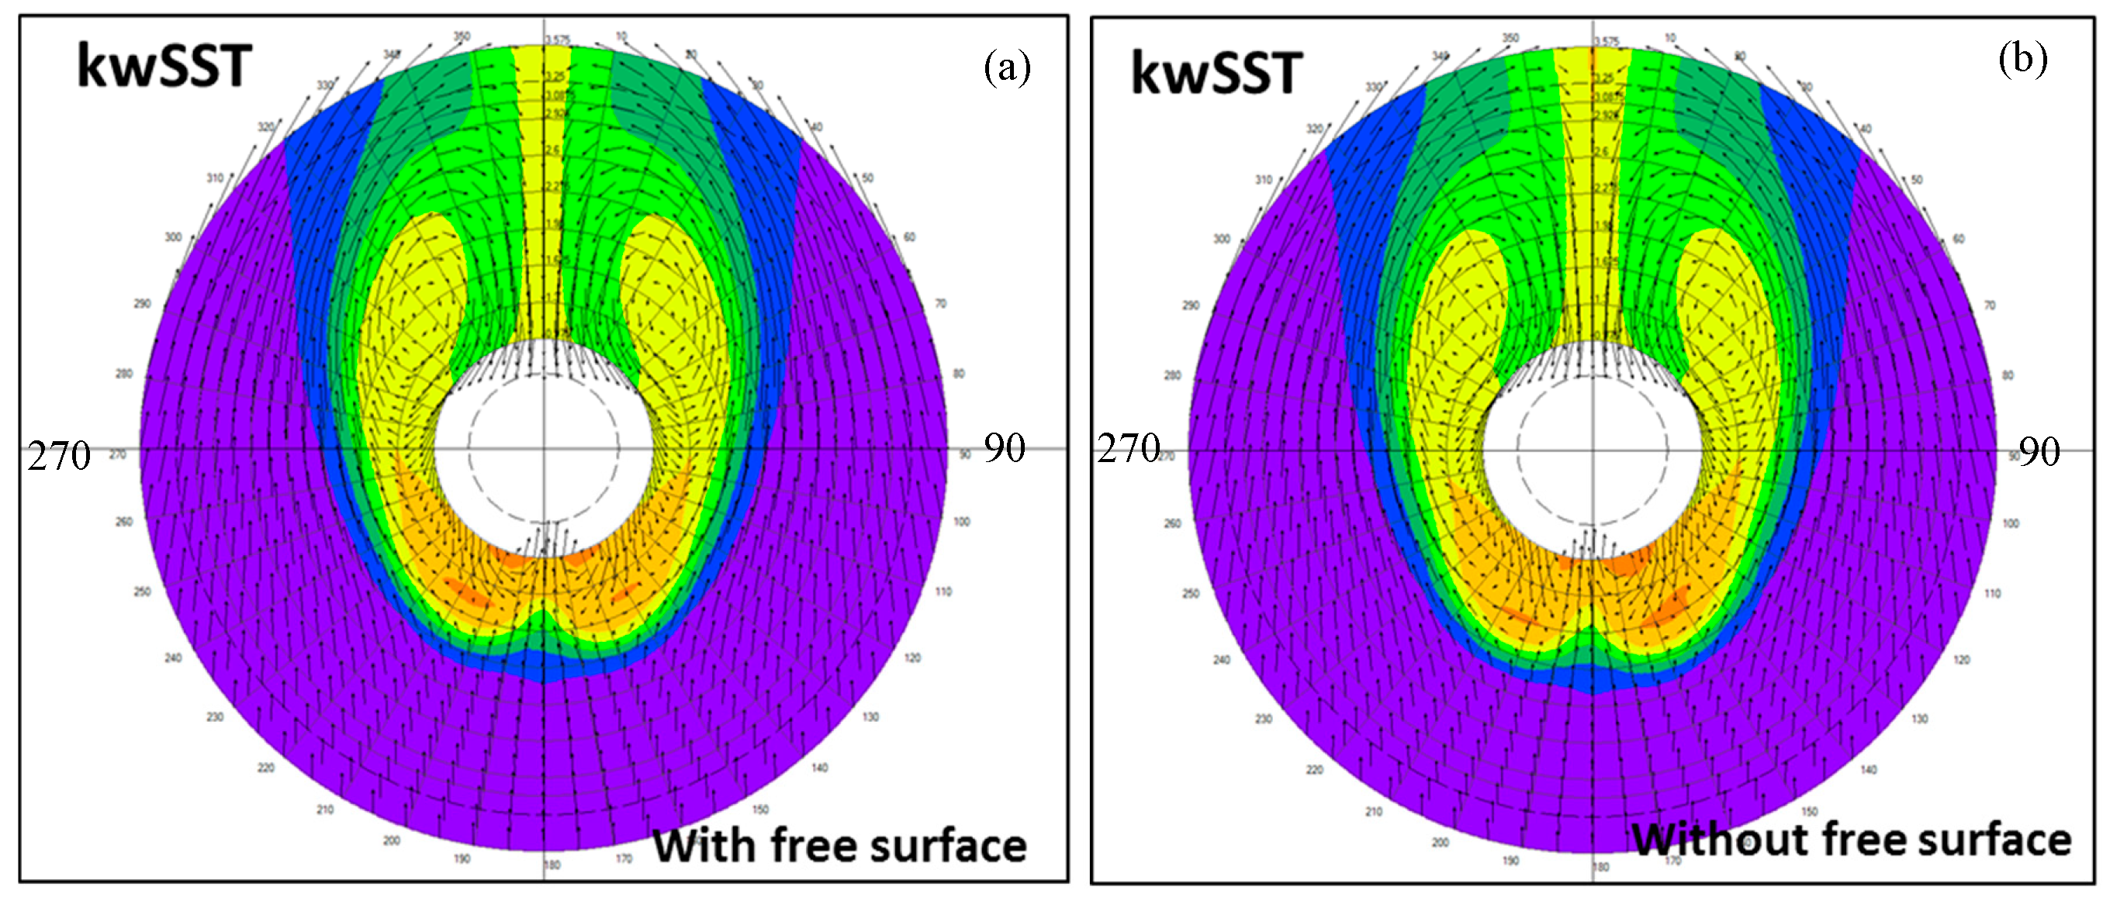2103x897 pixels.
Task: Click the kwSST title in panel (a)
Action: tap(163, 67)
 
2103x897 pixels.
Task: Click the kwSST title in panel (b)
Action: tap(1216, 74)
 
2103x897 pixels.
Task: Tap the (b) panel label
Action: tap(2022, 60)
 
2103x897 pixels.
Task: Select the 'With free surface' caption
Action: tap(839, 846)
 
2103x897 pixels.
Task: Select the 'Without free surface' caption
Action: tap(1851, 840)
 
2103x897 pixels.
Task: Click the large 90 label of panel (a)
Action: tap(1003, 448)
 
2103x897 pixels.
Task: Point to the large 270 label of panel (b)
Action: tap(1127, 448)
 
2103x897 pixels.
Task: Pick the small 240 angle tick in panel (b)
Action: tap(1220, 660)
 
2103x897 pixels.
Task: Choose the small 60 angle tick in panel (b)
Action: tap(1958, 239)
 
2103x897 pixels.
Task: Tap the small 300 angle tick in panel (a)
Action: tap(173, 237)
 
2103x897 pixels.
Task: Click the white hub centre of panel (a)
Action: tap(544, 448)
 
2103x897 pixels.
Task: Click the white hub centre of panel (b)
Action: tap(1592, 450)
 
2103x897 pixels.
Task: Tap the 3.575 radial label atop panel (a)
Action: tap(558, 40)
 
